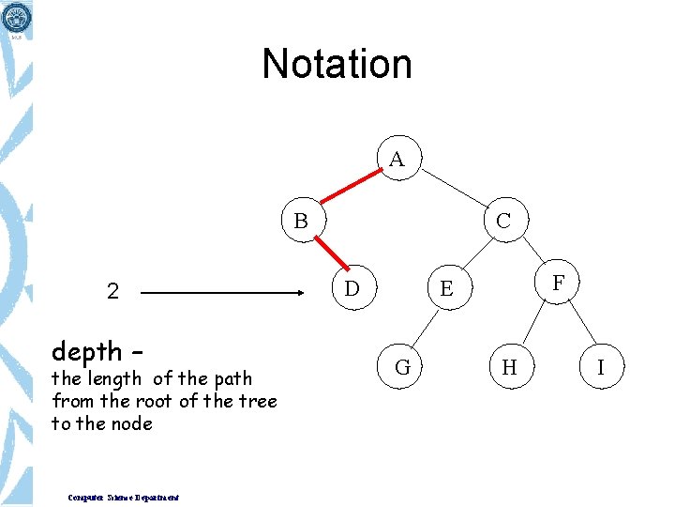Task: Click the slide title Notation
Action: (x=337, y=64)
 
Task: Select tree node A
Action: (x=397, y=160)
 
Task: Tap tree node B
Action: (x=301, y=222)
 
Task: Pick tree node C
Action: (x=503, y=222)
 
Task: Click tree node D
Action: (x=352, y=287)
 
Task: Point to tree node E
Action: (x=446, y=288)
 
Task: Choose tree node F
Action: (x=559, y=282)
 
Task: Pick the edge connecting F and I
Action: (x=581, y=323)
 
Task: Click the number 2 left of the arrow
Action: (x=112, y=292)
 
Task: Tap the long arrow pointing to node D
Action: (x=225, y=293)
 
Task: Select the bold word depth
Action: (x=87, y=352)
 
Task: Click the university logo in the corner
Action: (x=17, y=17)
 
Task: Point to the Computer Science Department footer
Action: (x=124, y=498)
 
